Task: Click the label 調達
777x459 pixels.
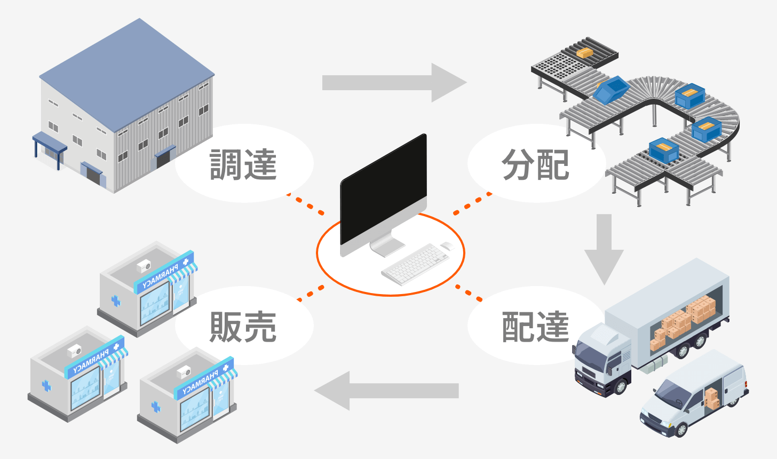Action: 243,164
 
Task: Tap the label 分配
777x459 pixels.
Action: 535,164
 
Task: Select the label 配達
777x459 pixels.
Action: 535,326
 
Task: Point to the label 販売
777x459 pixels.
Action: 243,326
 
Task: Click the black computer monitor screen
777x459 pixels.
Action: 383,189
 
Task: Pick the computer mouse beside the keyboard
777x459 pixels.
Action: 447,246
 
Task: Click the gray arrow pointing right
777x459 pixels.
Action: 395,83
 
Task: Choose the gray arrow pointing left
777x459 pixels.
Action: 386,391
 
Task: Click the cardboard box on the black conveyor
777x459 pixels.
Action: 585,53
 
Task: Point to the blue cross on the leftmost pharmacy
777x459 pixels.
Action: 46,385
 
